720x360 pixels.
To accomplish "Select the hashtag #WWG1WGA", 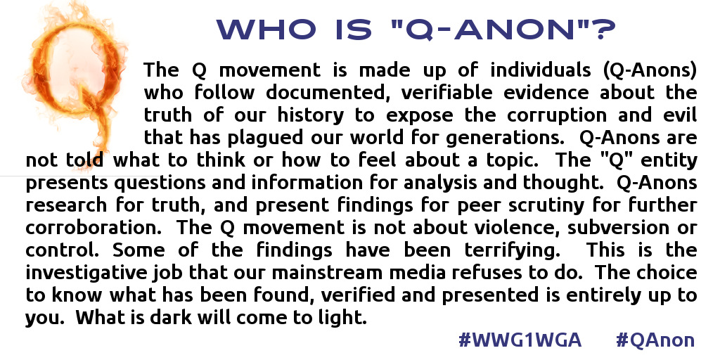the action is click(x=520, y=340).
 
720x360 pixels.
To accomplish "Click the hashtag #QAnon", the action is click(x=655, y=340).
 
